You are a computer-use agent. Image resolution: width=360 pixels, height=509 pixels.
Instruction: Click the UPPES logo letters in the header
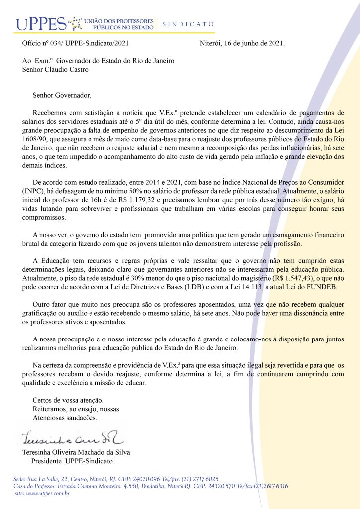tap(40, 23)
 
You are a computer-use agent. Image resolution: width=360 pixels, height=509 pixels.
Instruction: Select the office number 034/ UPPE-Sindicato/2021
tap(90, 43)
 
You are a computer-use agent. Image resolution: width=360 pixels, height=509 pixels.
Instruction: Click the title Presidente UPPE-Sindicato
tap(72, 461)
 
